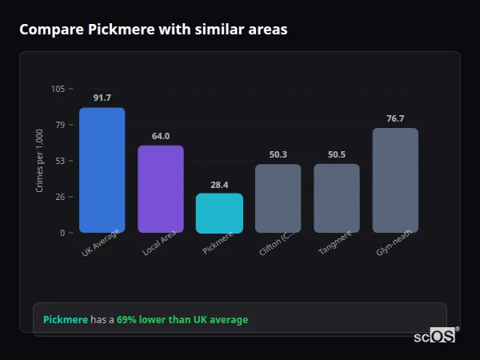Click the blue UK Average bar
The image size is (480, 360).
[102, 170]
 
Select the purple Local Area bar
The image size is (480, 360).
[161, 189]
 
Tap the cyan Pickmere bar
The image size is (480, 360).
[219, 213]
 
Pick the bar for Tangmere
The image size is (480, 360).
[337, 198]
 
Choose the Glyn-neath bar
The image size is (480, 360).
[395, 180]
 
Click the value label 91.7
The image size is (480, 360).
[102, 98]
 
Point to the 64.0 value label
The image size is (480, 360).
[161, 136]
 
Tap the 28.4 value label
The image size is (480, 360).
[219, 184]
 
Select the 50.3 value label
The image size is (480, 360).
[278, 154]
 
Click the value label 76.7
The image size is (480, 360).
[395, 118]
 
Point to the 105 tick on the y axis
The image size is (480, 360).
[58, 89]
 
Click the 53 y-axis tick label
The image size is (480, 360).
[60, 161]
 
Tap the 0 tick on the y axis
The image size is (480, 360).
[62, 233]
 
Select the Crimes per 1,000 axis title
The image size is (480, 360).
[40, 161]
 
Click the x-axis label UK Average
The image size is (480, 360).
[100, 243]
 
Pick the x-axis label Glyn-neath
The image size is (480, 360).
[394, 243]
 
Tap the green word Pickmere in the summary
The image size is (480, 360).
[65, 320]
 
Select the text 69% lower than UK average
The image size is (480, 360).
[182, 320]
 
